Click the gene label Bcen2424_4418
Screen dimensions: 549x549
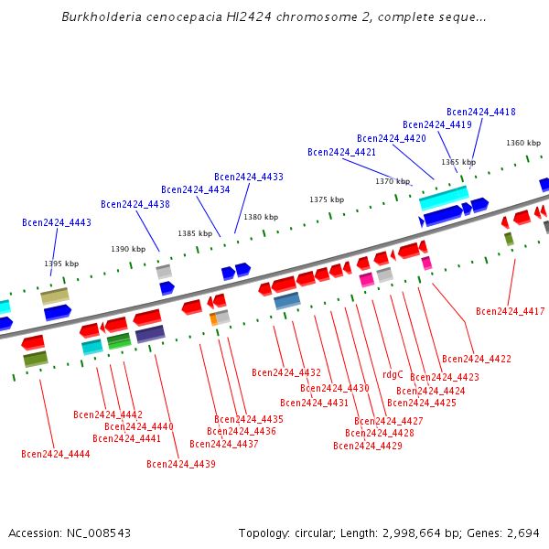pyautogui.click(x=481, y=112)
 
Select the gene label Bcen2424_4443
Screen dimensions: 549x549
pyautogui.click(x=57, y=222)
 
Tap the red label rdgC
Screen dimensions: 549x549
pyautogui.click(x=393, y=374)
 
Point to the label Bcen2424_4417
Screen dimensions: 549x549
pyautogui.click(x=511, y=312)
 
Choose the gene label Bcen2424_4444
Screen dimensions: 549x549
pyautogui.click(x=56, y=454)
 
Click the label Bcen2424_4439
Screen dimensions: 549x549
pyautogui.click(x=181, y=464)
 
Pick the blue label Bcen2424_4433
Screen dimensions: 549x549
pyautogui.click(x=249, y=177)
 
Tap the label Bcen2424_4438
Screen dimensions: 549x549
pyautogui.click(x=135, y=204)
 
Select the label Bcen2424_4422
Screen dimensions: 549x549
pyautogui.click(x=477, y=359)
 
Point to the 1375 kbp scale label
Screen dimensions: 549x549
pyautogui.click(x=327, y=199)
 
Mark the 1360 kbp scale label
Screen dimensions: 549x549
pyautogui.click(x=523, y=143)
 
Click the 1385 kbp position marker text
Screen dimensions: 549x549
pyautogui.click(x=195, y=233)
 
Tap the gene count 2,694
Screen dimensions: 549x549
pyautogui.click(x=522, y=533)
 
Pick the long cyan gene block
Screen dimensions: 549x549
pyautogui.click(x=444, y=198)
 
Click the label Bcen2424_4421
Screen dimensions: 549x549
pyautogui.click(x=341, y=152)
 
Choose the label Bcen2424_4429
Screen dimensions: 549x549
pyautogui.click(x=368, y=446)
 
